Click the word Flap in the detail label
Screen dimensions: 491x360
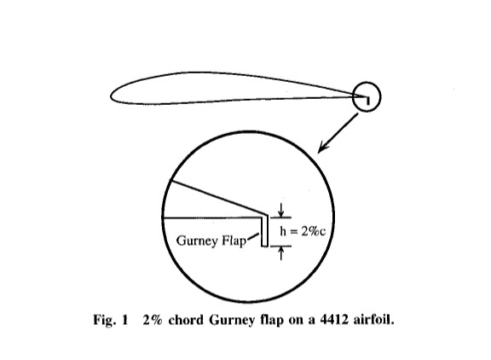(234, 241)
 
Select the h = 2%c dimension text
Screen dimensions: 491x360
(303, 231)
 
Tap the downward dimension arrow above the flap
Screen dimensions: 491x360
(281, 210)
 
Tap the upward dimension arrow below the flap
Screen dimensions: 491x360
(281, 253)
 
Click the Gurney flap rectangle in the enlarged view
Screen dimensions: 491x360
(265, 231)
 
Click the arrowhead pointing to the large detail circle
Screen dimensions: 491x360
(323, 148)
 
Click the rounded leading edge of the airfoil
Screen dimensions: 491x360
(111, 96)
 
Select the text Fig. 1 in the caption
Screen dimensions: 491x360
(111, 321)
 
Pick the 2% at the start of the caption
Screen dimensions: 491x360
(153, 320)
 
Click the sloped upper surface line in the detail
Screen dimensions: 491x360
(218, 197)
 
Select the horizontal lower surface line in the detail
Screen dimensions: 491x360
(212, 218)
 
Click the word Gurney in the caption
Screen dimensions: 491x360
(232, 321)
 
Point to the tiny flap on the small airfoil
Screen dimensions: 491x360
(368, 101)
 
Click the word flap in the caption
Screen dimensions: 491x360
(272, 321)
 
